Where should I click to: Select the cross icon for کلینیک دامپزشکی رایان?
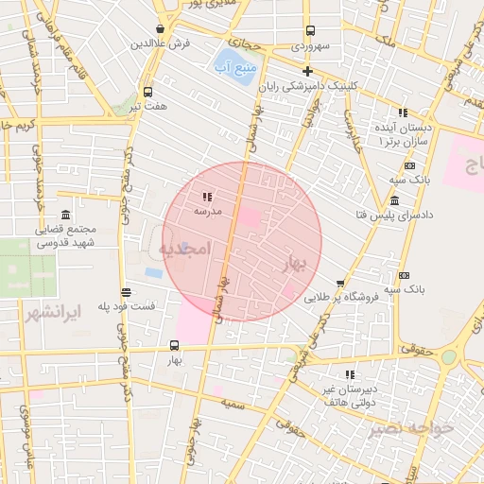[x=307, y=71]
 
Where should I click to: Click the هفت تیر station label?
[x=148, y=106]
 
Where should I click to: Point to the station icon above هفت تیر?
[x=147, y=92]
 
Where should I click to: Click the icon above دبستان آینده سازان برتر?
[x=404, y=112]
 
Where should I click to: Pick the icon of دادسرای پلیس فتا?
[x=394, y=200]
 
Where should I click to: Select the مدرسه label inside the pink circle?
[x=207, y=212]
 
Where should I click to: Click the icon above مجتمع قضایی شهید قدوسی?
[x=65, y=215]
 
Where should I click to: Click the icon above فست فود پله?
[x=127, y=292]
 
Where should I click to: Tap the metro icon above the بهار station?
[x=174, y=346]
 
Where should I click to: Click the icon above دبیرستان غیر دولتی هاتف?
[x=350, y=374]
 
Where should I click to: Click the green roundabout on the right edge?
[x=448, y=357]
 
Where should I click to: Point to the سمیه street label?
[x=233, y=404]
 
